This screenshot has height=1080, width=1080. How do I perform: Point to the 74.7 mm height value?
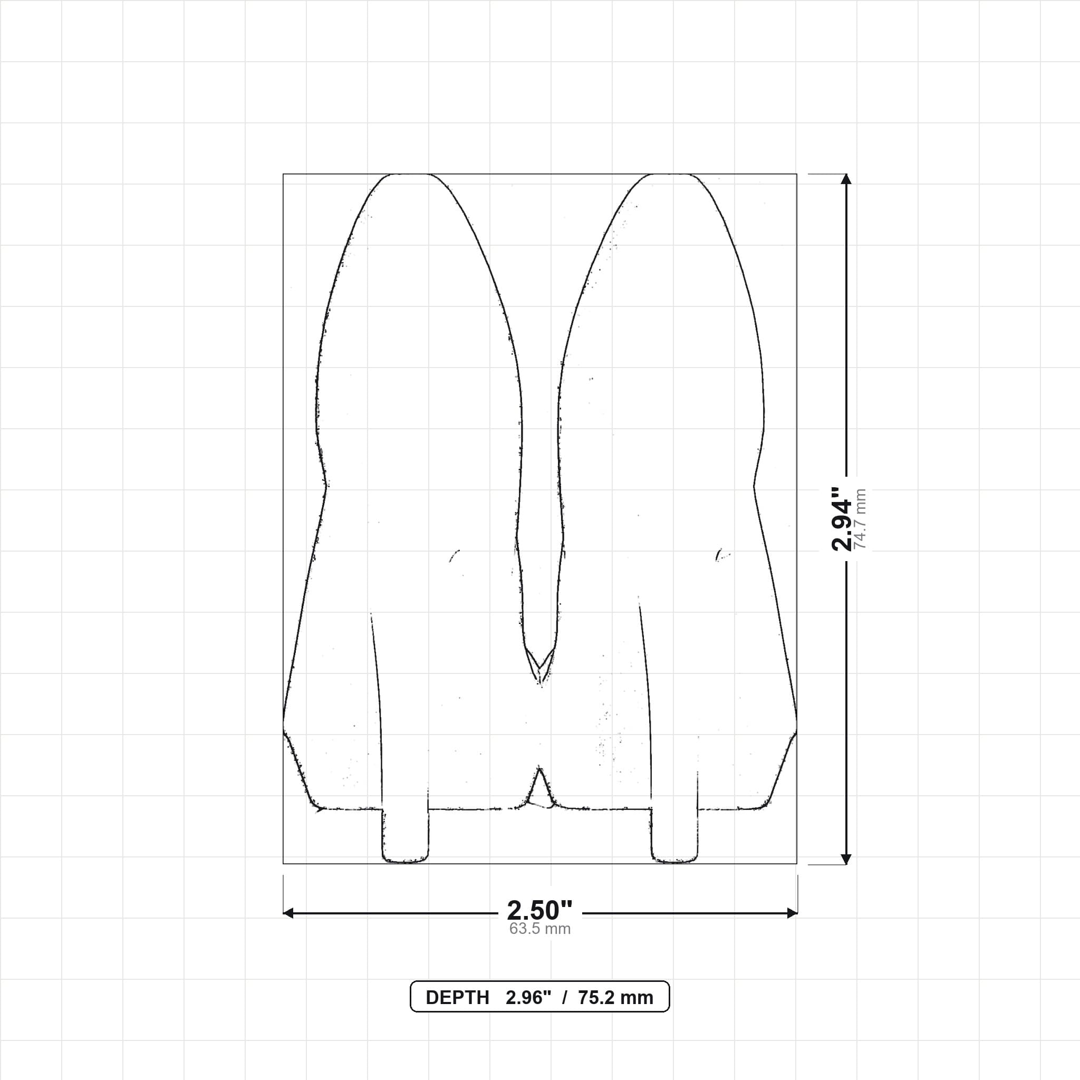tap(860, 519)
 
